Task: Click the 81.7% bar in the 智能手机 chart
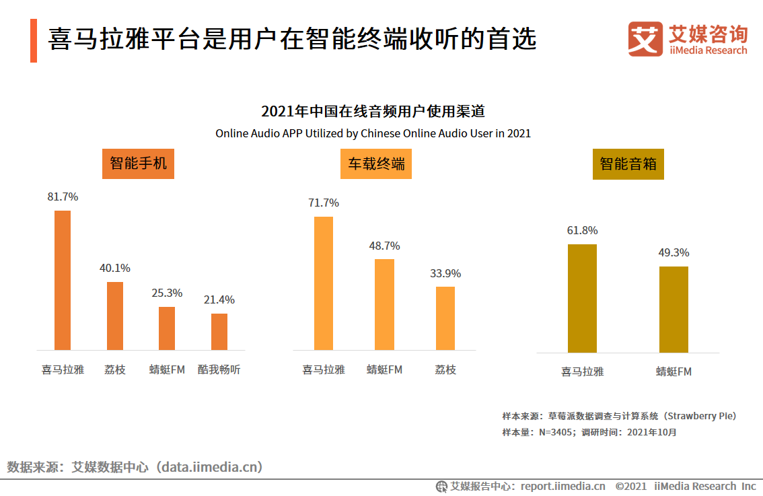tap(63, 280)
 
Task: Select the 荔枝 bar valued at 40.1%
tap(115, 316)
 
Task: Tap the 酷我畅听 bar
tap(219, 331)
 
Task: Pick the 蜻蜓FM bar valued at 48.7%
tap(384, 304)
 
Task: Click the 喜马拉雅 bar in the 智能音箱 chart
tap(582, 298)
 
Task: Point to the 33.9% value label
tap(445, 274)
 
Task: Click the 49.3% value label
tap(674, 253)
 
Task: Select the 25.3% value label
tap(167, 293)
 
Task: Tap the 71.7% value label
tap(324, 203)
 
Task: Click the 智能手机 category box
tap(138, 164)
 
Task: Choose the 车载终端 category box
tap(376, 164)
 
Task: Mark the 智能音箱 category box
tap(628, 164)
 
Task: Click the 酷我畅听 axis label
tap(219, 369)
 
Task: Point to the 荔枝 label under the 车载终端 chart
tap(445, 369)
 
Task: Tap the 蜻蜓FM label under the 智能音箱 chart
tap(674, 371)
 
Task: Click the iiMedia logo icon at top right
tap(645, 39)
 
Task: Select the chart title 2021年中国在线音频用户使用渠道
tap(373, 111)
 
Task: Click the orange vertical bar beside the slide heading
tap(34, 40)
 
